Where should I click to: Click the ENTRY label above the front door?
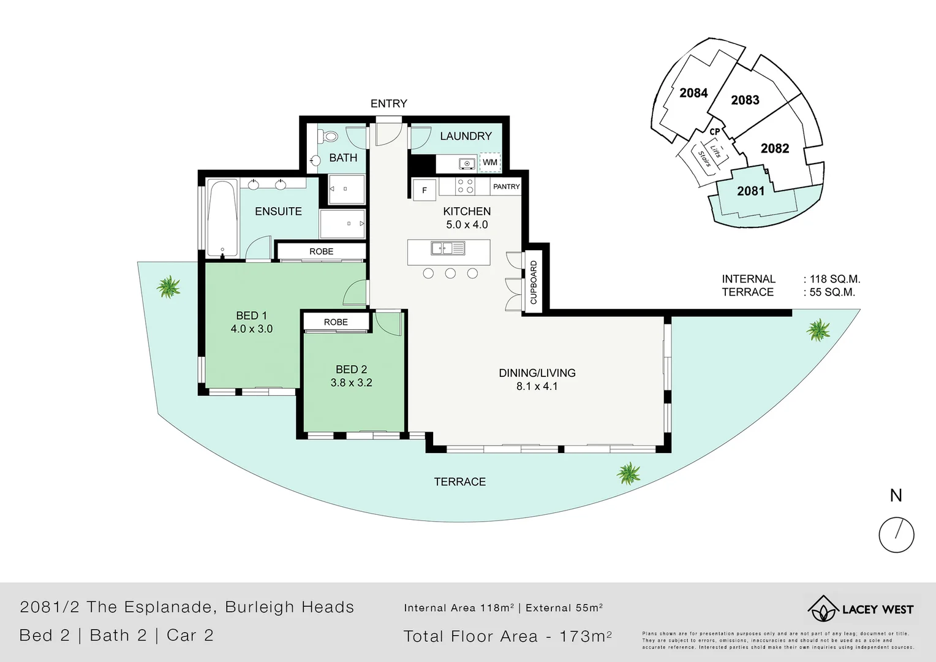[388, 104]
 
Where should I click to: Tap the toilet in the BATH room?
[329, 136]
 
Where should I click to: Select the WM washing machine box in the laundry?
[489, 162]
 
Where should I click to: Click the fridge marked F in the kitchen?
[424, 191]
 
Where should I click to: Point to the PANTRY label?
[506, 186]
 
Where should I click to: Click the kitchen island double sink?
[448, 248]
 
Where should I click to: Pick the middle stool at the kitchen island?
[450, 273]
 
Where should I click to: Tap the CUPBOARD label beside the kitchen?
[533, 283]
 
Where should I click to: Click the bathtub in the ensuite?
[222, 218]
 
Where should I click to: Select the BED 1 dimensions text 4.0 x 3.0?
[251, 329]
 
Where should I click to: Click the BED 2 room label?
[351, 370]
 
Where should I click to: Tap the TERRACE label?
[459, 482]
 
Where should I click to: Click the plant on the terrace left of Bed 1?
[168, 286]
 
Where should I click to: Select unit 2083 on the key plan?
[745, 100]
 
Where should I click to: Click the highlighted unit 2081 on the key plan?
[750, 191]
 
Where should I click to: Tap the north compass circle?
[896, 535]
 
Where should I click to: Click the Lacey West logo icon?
[822, 609]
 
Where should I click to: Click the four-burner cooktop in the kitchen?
[465, 186]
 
